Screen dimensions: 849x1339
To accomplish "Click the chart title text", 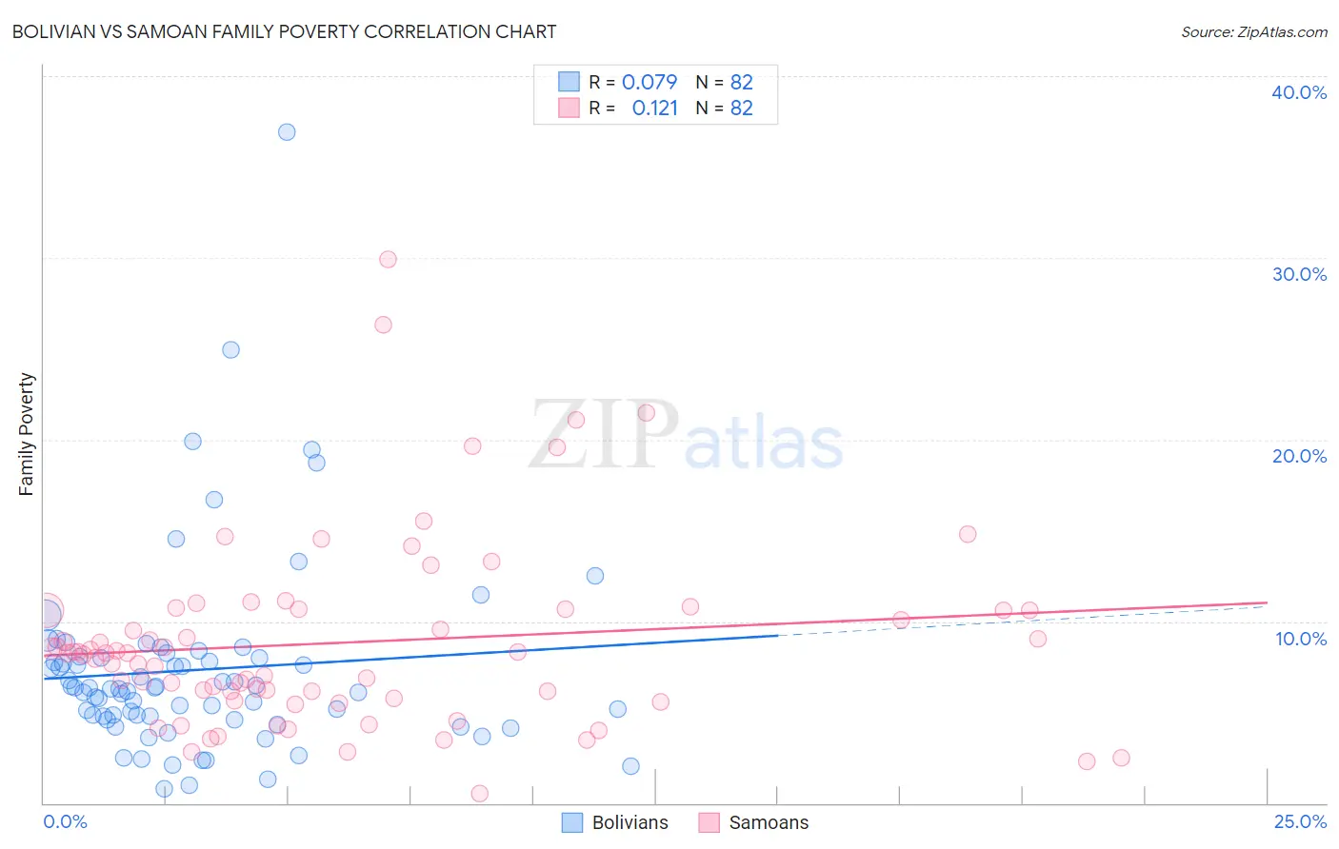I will (x=284, y=31).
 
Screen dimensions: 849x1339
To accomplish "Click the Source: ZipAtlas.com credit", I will (x=1253, y=31).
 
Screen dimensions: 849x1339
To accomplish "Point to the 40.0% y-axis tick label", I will (x=1298, y=92).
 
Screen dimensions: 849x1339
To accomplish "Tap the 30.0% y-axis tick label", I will (x=1298, y=274).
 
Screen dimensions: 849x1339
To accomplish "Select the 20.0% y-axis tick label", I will (x=1298, y=456).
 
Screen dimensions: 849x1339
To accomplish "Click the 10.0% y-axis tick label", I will (x=1300, y=639).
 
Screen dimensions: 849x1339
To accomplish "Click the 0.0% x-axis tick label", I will (x=65, y=821).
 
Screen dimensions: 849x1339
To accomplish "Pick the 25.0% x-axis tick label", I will (x=1299, y=821).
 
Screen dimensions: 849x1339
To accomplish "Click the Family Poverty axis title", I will (x=27, y=434).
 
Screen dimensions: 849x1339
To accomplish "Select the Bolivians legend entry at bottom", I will (x=615, y=822).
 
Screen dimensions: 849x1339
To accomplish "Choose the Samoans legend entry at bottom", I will (x=754, y=822).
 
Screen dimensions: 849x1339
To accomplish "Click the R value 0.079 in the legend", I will (x=649, y=82).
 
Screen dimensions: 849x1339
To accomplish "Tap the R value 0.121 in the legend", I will (x=654, y=109).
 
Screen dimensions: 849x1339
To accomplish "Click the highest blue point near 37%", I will (x=287, y=132).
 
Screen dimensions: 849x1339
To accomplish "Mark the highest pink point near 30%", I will (x=388, y=259).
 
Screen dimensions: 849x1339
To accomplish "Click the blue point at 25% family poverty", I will (x=230, y=349).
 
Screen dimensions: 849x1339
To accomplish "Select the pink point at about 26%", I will (x=383, y=325).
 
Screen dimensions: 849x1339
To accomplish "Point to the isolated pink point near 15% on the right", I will (x=968, y=534).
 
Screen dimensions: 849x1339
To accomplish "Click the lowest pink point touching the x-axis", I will (x=480, y=793).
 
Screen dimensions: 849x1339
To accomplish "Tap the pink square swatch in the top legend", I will (x=569, y=108).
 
